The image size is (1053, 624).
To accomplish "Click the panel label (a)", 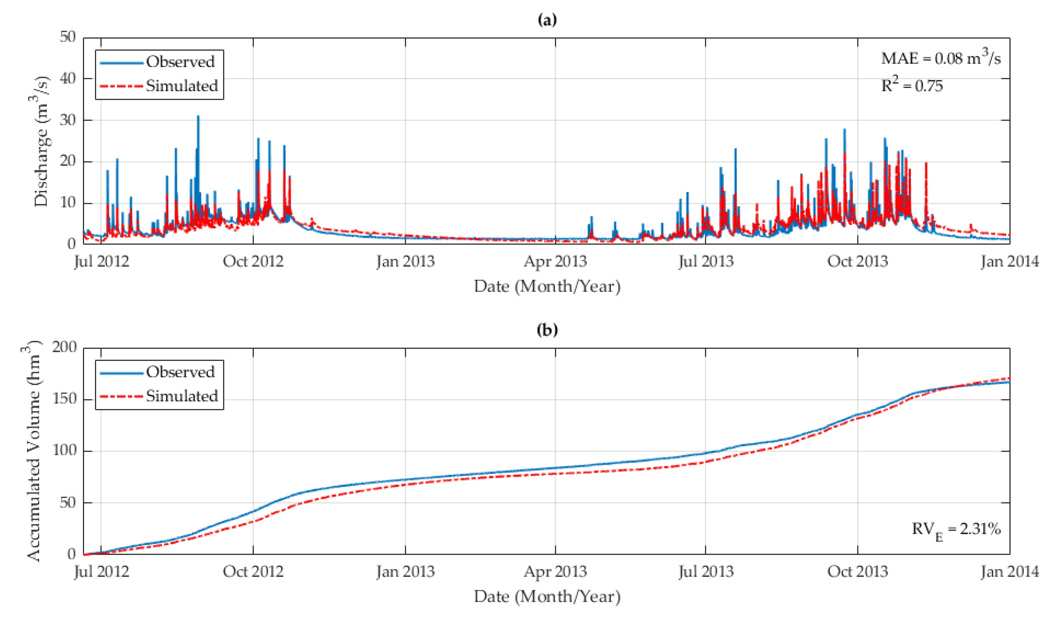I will [x=547, y=20].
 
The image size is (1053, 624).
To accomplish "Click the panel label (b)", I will [x=547, y=330].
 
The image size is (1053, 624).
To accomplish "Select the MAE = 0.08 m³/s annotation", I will [x=940, y=58].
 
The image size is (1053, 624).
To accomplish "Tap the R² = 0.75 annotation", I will [x=912, y=86].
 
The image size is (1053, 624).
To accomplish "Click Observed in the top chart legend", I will [x=180, y=62].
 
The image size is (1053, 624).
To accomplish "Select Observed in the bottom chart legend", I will [x=180, y=372].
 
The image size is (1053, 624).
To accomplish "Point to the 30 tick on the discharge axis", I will [x=68, y=120].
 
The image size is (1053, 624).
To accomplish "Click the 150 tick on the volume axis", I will [x=64, y=399].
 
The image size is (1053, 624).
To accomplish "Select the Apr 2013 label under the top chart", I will [x=555, y=262].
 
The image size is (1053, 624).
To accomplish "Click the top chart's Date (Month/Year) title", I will [x=547, y=286].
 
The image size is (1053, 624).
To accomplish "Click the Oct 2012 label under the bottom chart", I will [x=253, y=572].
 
